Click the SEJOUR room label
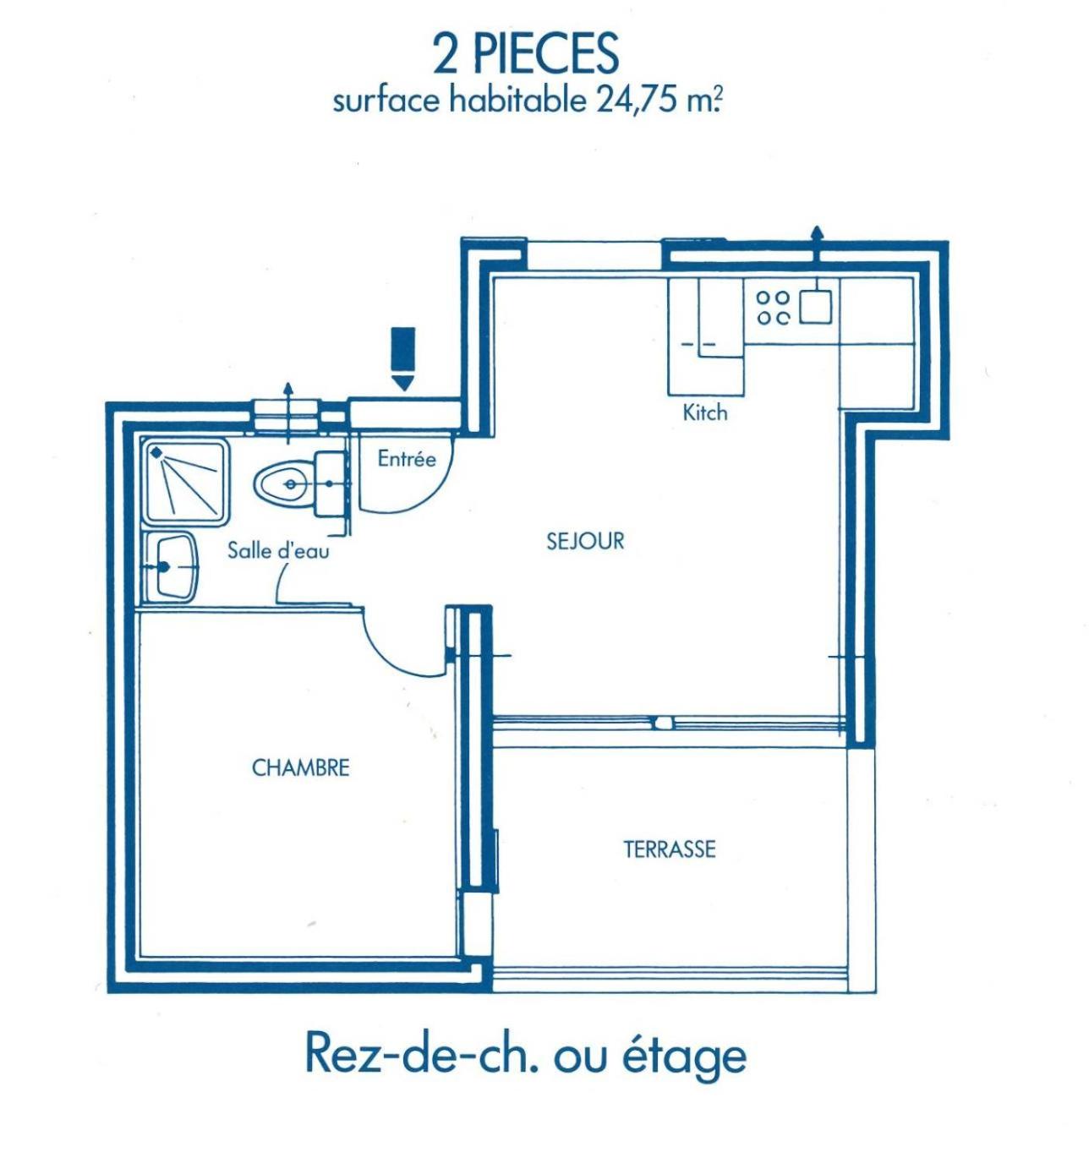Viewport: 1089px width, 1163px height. [584, 541]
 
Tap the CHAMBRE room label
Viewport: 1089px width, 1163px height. [300, 767]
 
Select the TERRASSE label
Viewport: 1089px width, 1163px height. [669, 849]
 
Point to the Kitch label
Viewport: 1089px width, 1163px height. [704, 412]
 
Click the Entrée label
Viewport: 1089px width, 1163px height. [407, 458]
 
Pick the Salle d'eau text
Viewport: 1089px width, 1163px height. [278, 550]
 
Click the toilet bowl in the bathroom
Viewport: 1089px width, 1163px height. [282, 484]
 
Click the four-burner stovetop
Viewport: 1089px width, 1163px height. [773, 308]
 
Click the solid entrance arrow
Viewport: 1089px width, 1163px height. [403, 358]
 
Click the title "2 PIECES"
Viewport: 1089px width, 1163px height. [525, 53]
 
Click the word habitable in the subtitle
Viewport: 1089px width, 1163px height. [517, 100]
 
